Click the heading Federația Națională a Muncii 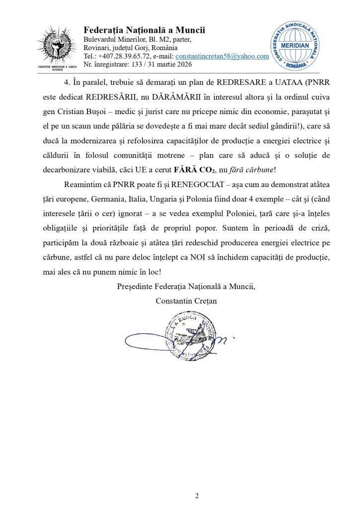click(144, 30)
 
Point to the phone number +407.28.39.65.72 click(125, 56)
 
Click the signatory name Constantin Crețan click(186, 301)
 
